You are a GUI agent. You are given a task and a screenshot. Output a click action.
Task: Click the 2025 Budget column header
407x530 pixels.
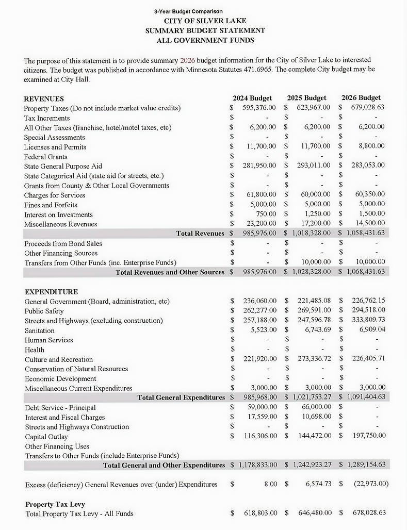click(x=306, y=97)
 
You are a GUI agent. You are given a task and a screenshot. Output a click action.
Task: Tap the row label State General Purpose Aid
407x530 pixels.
click(x=63, y=166)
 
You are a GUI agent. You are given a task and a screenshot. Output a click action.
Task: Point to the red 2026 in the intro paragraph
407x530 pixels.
click(x=188, y=60)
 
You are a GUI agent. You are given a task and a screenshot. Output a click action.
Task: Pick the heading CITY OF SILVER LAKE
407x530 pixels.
click(x=205, y=21)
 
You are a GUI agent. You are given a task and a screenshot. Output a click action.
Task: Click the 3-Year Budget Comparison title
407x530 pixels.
click(x=188, y=11)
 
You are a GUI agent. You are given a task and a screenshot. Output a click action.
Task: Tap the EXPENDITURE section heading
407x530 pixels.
click(x=51, y=292)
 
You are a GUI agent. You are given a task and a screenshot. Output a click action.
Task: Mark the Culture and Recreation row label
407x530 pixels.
click(x=59, y=359)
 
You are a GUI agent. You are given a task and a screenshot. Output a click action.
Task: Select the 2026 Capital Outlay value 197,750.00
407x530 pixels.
click(x=368, y=436)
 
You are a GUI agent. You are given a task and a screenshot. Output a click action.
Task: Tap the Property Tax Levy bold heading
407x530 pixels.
click(x=55, y=504)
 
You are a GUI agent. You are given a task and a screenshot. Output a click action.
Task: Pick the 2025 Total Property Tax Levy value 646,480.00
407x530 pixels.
click(x=315, y=513)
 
